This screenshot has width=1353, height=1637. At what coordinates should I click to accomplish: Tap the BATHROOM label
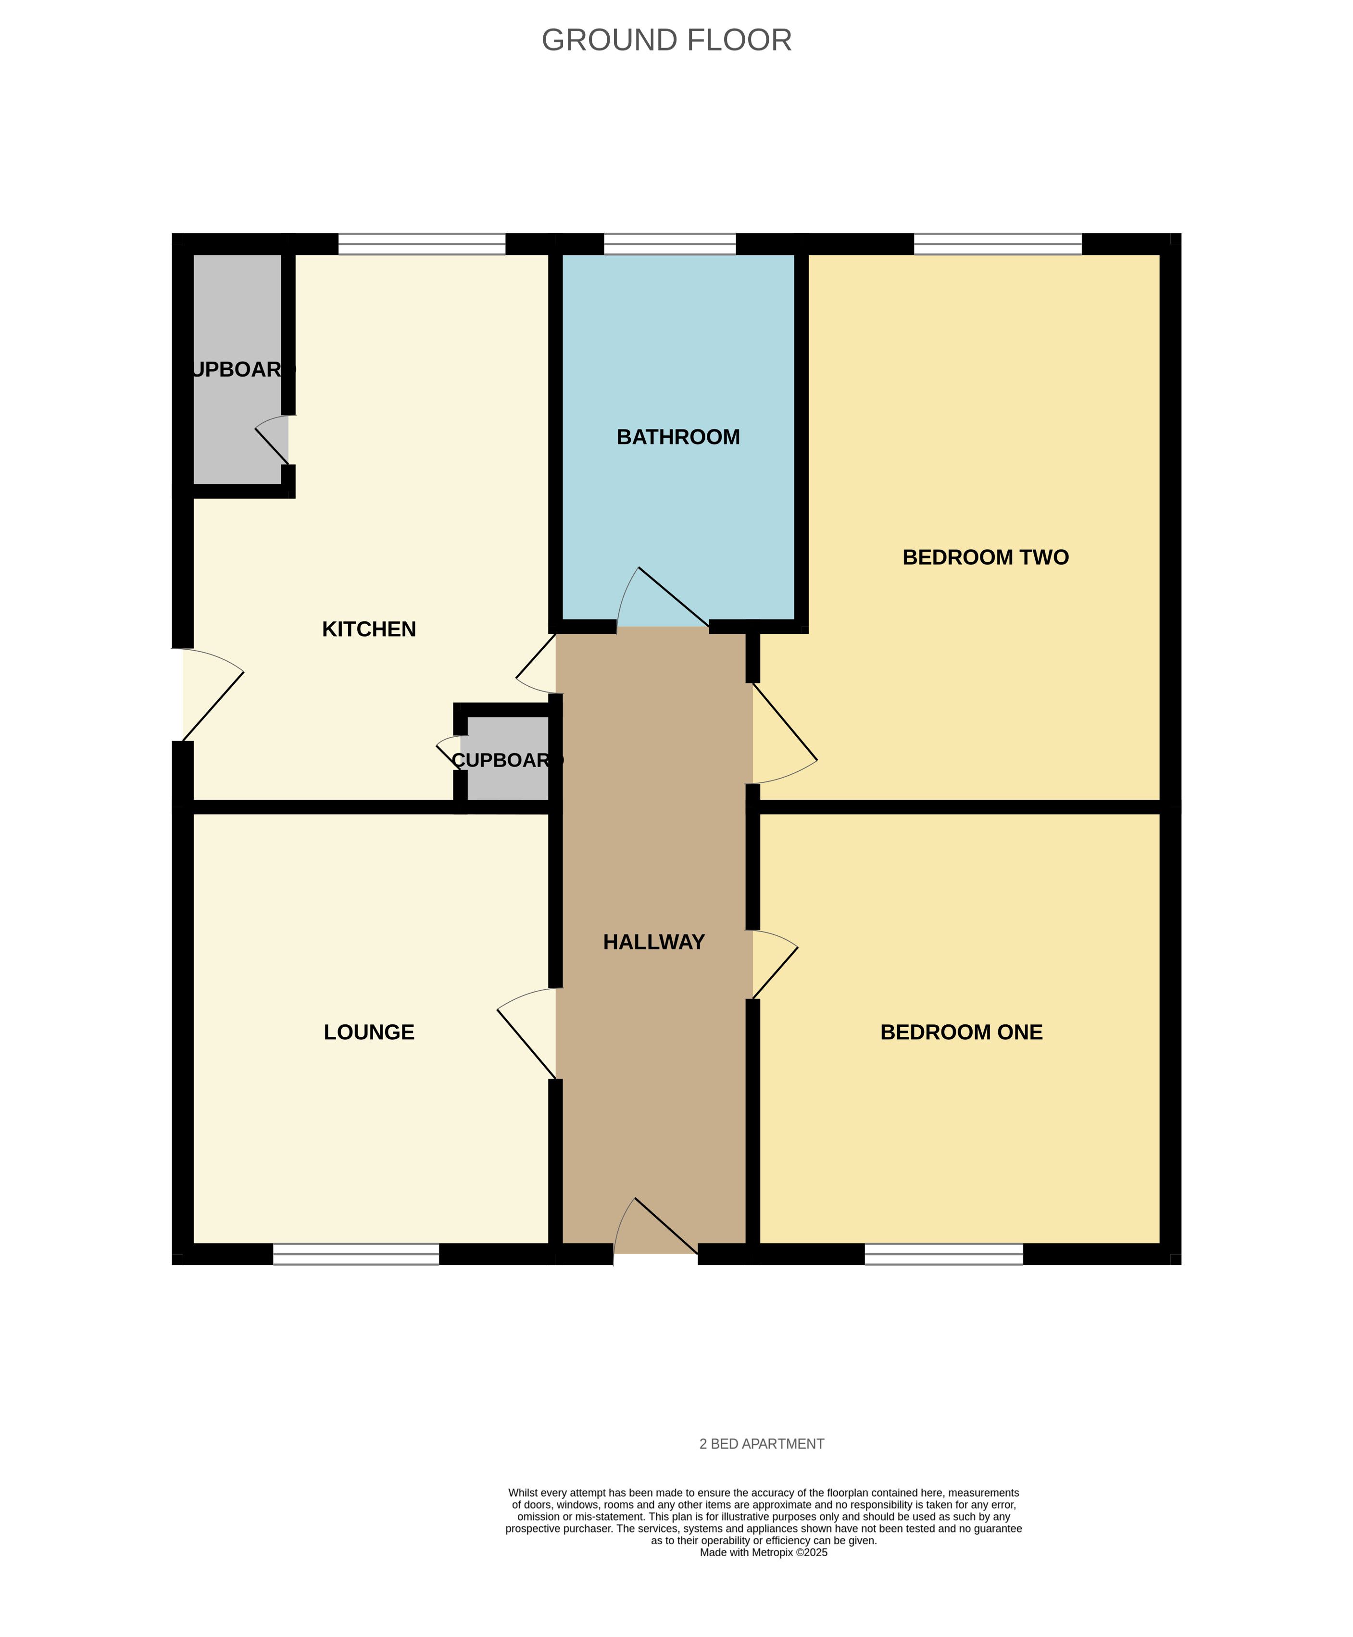click(678, 437)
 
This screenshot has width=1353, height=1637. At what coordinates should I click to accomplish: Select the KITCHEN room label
click(369, 629)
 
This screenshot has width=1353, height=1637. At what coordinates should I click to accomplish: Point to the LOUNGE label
click(369, 1032)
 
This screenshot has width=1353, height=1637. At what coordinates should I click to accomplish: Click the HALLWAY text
click(654, 943)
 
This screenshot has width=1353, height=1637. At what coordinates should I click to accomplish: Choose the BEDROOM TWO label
click(986, 557)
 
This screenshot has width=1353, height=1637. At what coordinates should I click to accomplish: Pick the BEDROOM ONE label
click(961, 1032)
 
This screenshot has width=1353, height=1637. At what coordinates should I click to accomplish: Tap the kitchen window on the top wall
click(422, 244)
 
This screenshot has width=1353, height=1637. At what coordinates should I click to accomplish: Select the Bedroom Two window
click(998, 244)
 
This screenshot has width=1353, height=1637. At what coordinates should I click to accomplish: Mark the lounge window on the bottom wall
click(356, 1253)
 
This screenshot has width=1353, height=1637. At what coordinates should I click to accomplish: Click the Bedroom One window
click(944, 1253)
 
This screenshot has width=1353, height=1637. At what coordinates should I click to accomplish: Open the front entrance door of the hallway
click(655, 1227)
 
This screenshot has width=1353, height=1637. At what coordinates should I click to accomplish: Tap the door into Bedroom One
click(775, 964)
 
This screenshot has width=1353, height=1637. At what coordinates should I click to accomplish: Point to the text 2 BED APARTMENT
click(762, 1444)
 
